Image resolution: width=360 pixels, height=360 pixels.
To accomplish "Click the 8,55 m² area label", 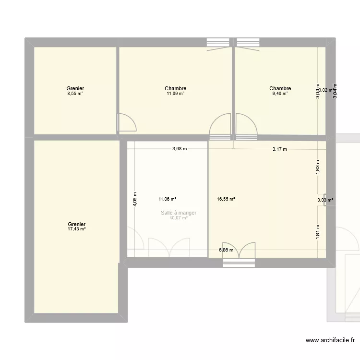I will click(x=76, y=94).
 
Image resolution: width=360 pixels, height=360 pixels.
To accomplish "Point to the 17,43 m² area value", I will click(x=77, y=229).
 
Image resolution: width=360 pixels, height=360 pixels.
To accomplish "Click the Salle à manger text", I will click(x=179, y=213).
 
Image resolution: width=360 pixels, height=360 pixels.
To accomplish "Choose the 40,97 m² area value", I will click(x=179, y=218).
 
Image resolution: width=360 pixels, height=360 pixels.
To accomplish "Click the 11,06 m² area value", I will click(x=168, y=199).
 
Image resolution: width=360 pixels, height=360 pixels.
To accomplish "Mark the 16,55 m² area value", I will click(x=226, y=199).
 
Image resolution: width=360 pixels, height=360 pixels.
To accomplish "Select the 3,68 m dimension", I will click(x=180, y=149).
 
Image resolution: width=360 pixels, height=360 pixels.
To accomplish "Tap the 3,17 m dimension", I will click(x=279, y=149).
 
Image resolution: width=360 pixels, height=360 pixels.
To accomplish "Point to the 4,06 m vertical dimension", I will click(x=135, y=198).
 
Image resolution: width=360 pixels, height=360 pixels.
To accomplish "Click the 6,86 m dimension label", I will click(x=226, y=250).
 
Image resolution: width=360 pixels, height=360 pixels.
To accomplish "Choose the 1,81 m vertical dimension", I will click(x=318, y=232).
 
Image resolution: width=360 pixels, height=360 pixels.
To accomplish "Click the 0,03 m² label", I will click(x=325, y=200).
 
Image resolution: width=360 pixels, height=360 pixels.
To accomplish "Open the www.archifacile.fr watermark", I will click(x=331, y=341).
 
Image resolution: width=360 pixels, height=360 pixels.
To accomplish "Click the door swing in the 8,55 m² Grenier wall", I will click(x=127, y=122).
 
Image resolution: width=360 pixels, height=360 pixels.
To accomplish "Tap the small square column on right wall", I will click(x=326, y=204).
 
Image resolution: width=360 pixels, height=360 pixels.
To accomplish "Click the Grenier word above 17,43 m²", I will click(x=77, y=224).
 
